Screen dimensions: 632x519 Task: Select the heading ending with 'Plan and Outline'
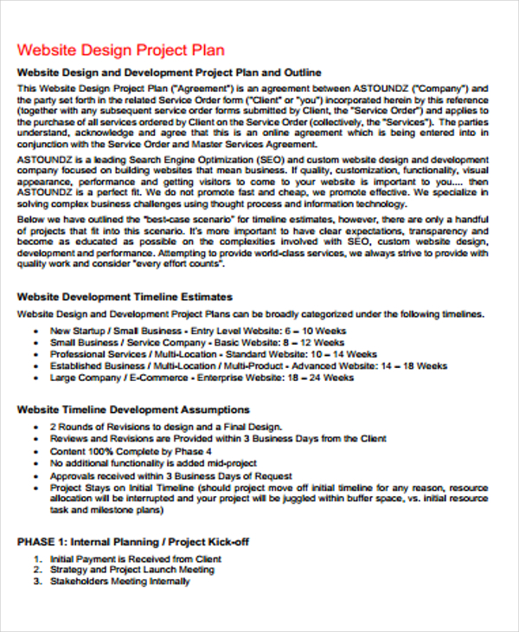[169, 72]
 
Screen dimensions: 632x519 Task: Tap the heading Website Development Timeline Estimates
[125, 296]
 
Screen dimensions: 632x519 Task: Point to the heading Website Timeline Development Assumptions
[133, 410]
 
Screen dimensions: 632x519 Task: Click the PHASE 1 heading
[133, 542]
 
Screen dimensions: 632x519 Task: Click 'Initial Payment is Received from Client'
[136, 559]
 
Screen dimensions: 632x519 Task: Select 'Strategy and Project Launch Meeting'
[132, 571]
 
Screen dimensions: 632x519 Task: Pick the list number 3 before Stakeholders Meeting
[37, 582]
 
